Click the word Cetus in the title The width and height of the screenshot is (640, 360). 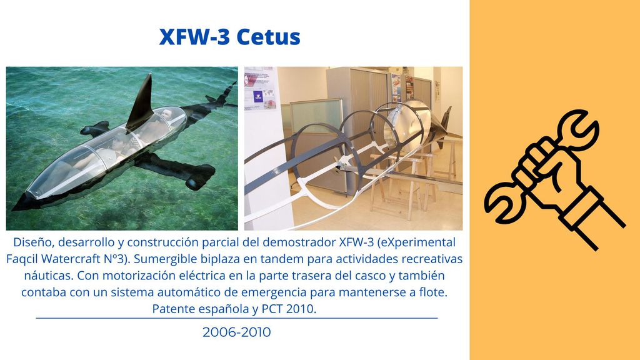268,37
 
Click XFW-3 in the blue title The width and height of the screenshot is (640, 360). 195,37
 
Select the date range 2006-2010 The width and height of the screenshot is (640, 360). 237,332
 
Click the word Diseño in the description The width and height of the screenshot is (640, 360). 34,242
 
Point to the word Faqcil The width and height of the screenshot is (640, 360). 22,259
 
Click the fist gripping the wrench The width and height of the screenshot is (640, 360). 547,171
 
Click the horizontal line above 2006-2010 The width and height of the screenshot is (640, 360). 237,318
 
